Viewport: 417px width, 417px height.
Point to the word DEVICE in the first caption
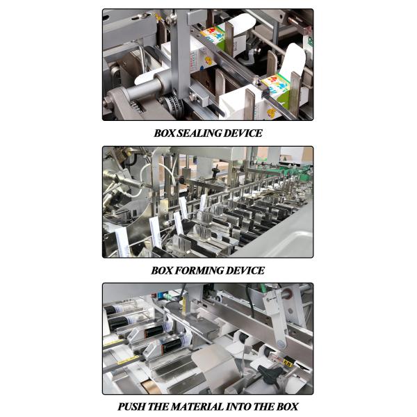[x=244, y=133]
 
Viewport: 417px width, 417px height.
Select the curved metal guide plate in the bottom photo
[x=208, y=361]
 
